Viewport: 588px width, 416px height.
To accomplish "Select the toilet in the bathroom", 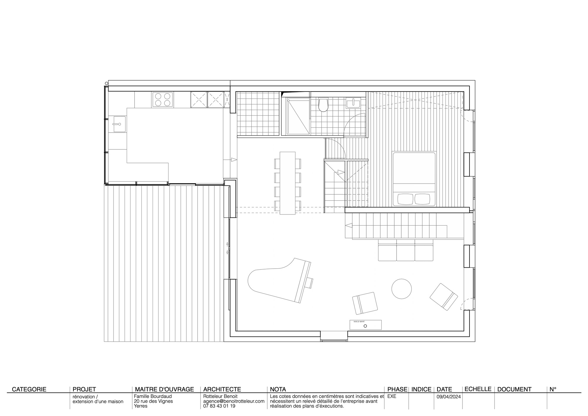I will (x=323, y=105).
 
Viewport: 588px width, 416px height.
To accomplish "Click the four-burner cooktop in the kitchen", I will (x=163, y=99).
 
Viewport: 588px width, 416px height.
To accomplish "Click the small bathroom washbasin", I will (x=352, y=103).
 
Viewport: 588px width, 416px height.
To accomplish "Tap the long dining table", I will (x=288, y=183).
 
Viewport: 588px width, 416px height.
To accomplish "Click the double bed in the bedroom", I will (x=414, y=179).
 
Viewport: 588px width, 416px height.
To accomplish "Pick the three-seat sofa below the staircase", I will (x=406, y=251).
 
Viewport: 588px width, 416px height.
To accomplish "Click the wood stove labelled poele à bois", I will (x=365, y=325).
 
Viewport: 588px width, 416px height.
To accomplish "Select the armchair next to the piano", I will (x=365, y=303).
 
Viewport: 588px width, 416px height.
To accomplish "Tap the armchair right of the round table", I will (x=444, y=297).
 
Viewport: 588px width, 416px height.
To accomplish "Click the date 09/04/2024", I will (x=448, y=397).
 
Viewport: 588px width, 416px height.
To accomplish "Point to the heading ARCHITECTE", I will (x=222, y=389).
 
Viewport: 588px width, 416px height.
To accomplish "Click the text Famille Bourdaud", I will (x=153, y=396).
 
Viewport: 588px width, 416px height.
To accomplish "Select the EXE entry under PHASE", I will (x=392, y=396).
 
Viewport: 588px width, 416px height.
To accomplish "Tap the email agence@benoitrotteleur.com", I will (x=234, y=401).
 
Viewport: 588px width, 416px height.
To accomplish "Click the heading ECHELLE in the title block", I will (x=478, y=389).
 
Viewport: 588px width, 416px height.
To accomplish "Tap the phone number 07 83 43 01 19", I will (x=219, y=406).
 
